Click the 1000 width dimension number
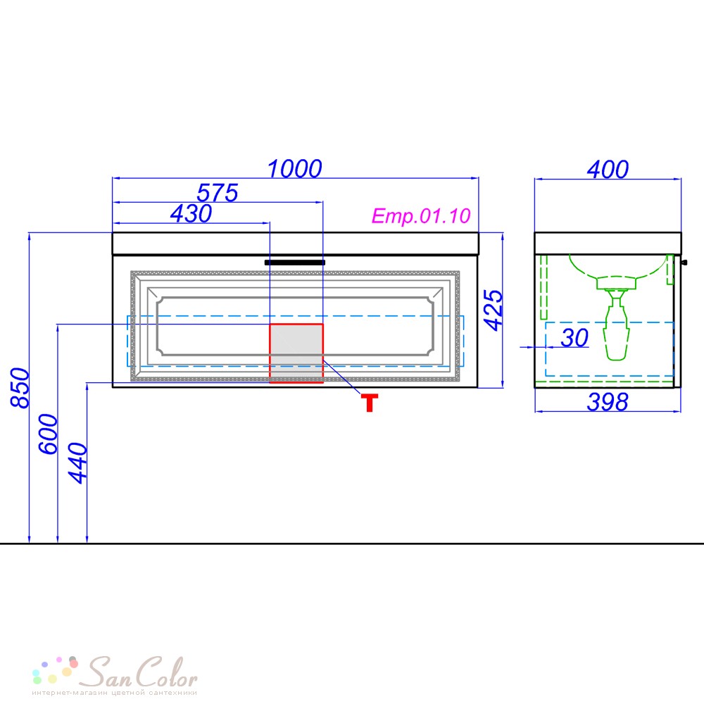294,169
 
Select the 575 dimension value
218,193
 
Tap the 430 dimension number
191,213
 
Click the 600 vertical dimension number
49,434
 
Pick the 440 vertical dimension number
77,463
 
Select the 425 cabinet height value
494,310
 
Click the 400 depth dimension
608,169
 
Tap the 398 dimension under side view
608,402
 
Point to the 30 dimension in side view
574,338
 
